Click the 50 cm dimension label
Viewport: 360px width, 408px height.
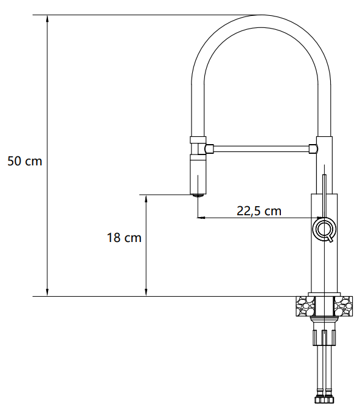25,161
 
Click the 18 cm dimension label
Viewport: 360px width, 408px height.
124,238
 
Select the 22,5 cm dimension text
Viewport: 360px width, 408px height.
259,211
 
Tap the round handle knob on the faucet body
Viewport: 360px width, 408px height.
324,229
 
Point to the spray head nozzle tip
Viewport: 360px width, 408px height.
198,195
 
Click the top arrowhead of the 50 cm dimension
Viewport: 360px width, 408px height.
47,19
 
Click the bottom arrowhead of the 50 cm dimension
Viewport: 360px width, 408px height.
47,292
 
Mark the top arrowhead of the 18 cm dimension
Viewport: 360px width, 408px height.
146,199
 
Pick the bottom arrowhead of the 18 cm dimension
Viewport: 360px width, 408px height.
146,292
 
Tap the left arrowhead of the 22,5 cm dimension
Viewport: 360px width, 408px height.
201,217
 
